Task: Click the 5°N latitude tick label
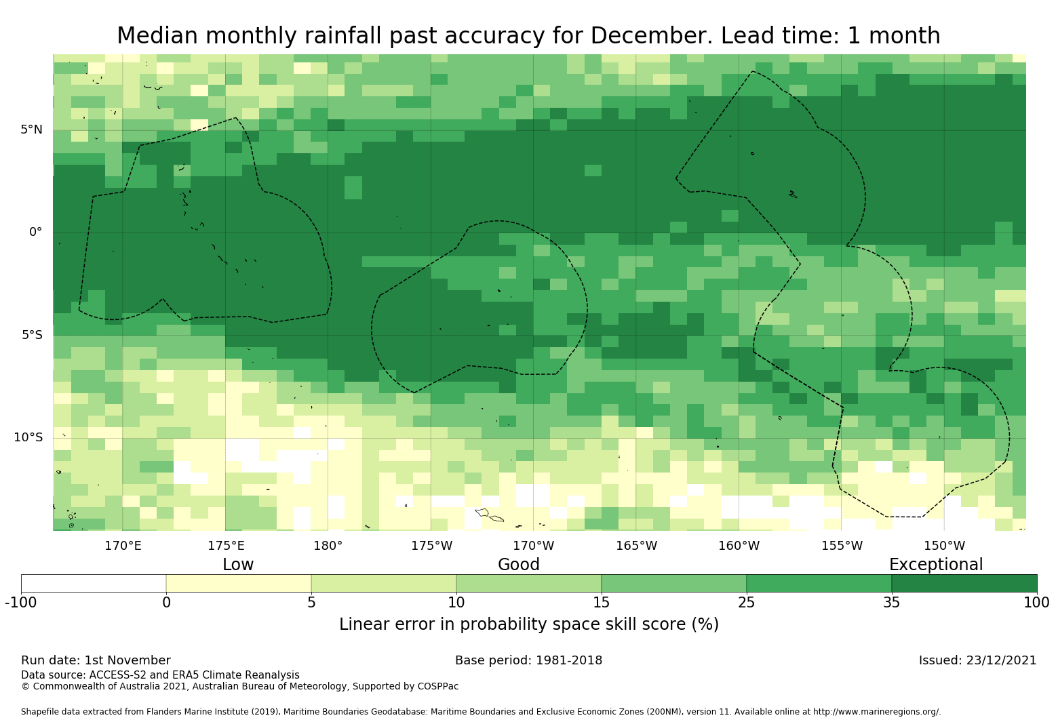(x=31, y=129)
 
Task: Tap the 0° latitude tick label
(x=35, y=232)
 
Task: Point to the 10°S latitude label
(x=28, y=437)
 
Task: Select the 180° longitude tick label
(x=328, y=545)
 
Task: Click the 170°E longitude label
(x=123, y=545)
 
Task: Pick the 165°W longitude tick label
(x=636, y=545)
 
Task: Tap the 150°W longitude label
(x=944, y=545)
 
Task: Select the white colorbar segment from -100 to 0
(x=94, y=583)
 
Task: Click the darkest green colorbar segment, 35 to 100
(x=964, y=583)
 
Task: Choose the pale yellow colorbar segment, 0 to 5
(x=239, y=583)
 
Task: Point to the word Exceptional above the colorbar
(x=935, y=565)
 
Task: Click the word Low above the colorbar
(x=238, y=565)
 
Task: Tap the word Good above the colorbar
(x=519, y=565)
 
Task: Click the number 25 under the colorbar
(x=746, y=603)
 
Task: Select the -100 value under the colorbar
(x=21, y=603)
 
